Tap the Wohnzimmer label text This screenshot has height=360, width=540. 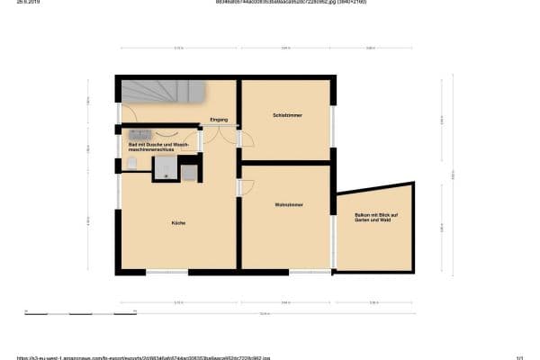pos(288,205)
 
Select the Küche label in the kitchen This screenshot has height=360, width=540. pos(178,222)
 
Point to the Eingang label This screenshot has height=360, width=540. pos(219,120)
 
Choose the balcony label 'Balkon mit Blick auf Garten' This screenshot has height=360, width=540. pos(375,217)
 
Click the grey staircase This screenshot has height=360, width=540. pos(163,92)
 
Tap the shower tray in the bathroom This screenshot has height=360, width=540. pos(164,168)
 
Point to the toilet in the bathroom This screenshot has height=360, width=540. pos(132,163)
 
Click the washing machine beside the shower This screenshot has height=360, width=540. pos(190,173)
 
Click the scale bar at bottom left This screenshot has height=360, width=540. pos(81,312)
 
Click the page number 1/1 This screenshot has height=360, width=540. pos(519,356)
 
